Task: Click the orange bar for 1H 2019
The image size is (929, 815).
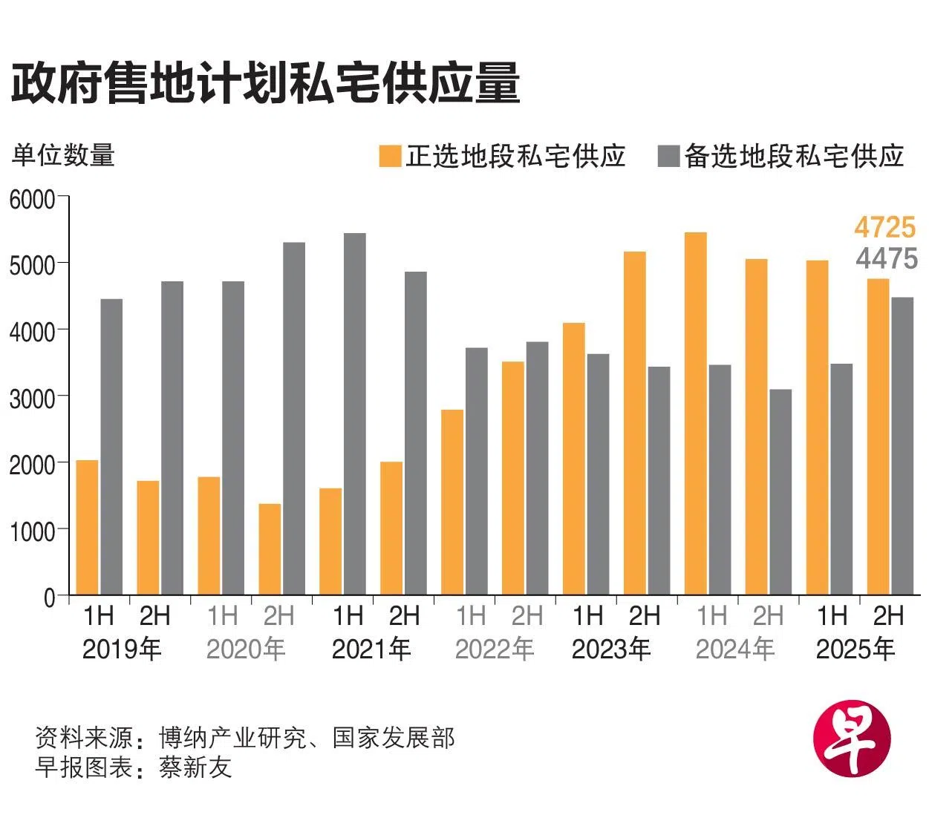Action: (x=87, y=528)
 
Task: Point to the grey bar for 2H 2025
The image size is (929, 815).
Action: (x=902, y=446)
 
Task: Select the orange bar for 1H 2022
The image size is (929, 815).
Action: (x=452, y=503)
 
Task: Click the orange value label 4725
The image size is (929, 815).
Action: (x=884, y=226)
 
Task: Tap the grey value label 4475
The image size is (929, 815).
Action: (x=886, y=258)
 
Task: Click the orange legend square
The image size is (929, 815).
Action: (x=390, y=157)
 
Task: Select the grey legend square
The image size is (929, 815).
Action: (x=668, y=157)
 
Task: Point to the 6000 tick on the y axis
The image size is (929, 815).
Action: (x=32, y=199)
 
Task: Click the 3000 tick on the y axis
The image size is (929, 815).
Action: (x=32, y=398)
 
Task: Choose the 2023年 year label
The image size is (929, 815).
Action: (x=611, y=649)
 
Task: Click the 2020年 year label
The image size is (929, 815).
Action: (x=246, y=649)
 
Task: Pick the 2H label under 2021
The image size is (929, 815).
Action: (x=405, y=615)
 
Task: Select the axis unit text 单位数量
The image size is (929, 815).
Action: (x=63, y=155)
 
